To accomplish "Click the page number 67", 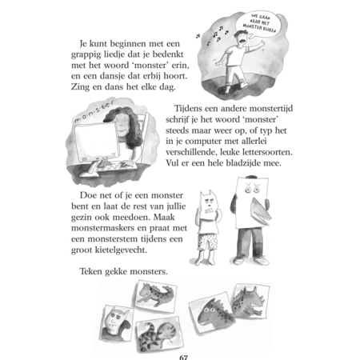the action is [184, 358].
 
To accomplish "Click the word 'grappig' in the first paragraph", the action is [86, 55].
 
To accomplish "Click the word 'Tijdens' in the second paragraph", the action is [188, 109].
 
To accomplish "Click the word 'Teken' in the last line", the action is [91, 271].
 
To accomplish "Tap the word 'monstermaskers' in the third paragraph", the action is [102, 229].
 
